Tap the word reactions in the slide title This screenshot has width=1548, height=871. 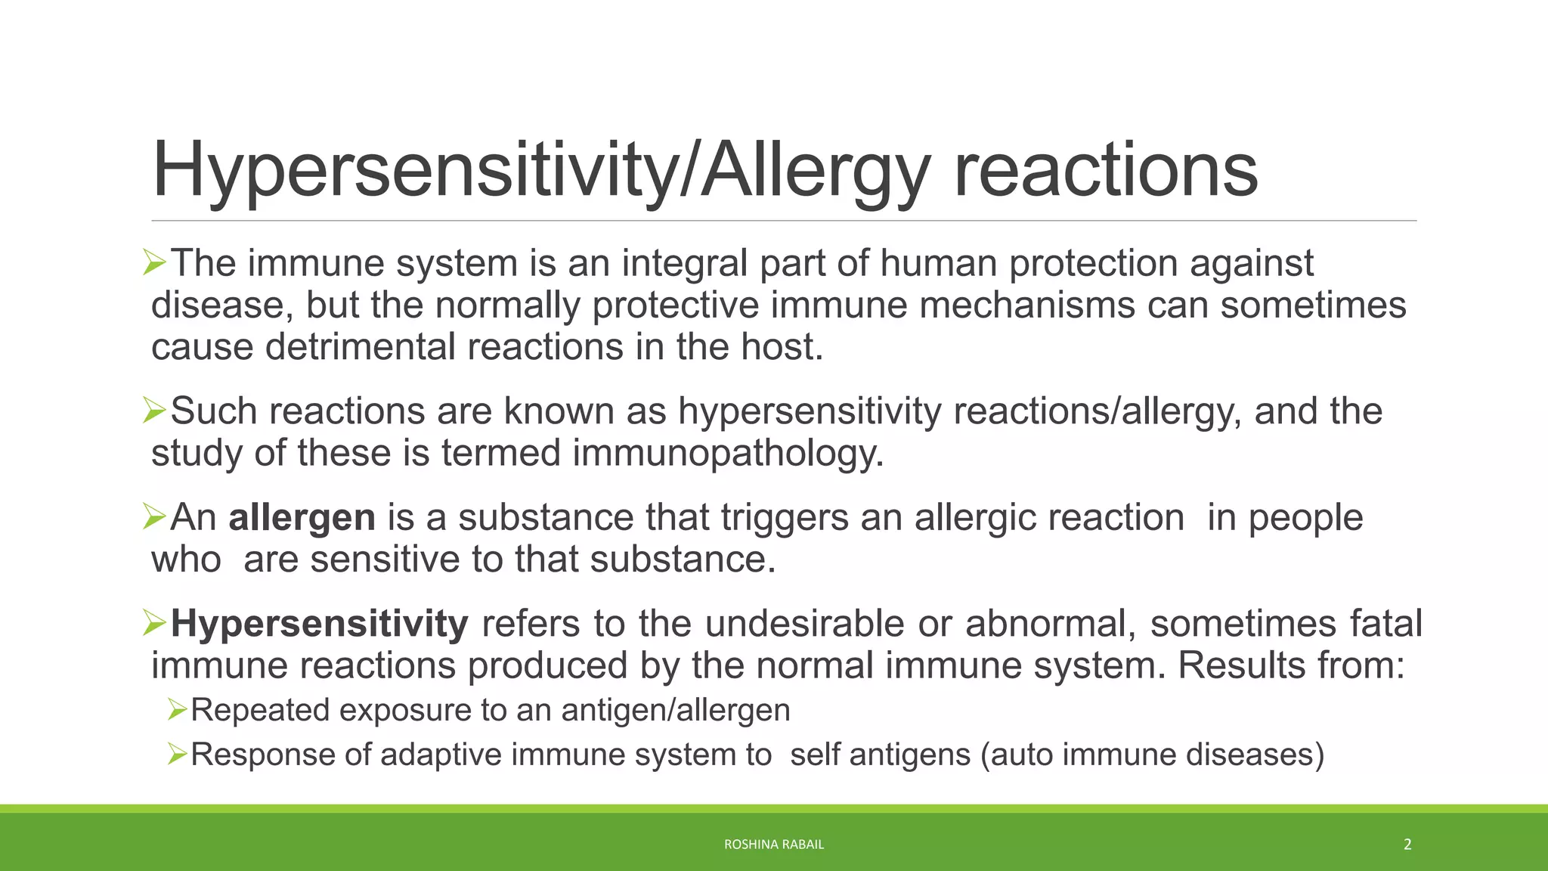pyautogui.click(x=1105, y=171)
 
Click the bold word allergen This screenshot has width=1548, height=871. pyautogui.click(x=302, y=518)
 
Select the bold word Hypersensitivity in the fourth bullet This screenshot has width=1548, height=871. pyautogui.click(x=319, y=624)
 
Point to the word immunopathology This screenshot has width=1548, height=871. pyautogui.click(x=728, y=453)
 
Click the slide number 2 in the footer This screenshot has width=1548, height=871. pyautogui.click(x=1407, y=845)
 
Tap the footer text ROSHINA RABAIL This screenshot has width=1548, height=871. pyautogui.click(x=773, y=845)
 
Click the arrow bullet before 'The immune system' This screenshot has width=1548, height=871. pyautogui.click(x=154, y=264)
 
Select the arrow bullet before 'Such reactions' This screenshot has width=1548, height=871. pyautogui.click(x=154, y=411)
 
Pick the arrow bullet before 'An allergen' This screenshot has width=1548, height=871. pyautogui.click(x=154, y=518)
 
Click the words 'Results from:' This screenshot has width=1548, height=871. pyautogui.click(x=1290, y=665)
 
